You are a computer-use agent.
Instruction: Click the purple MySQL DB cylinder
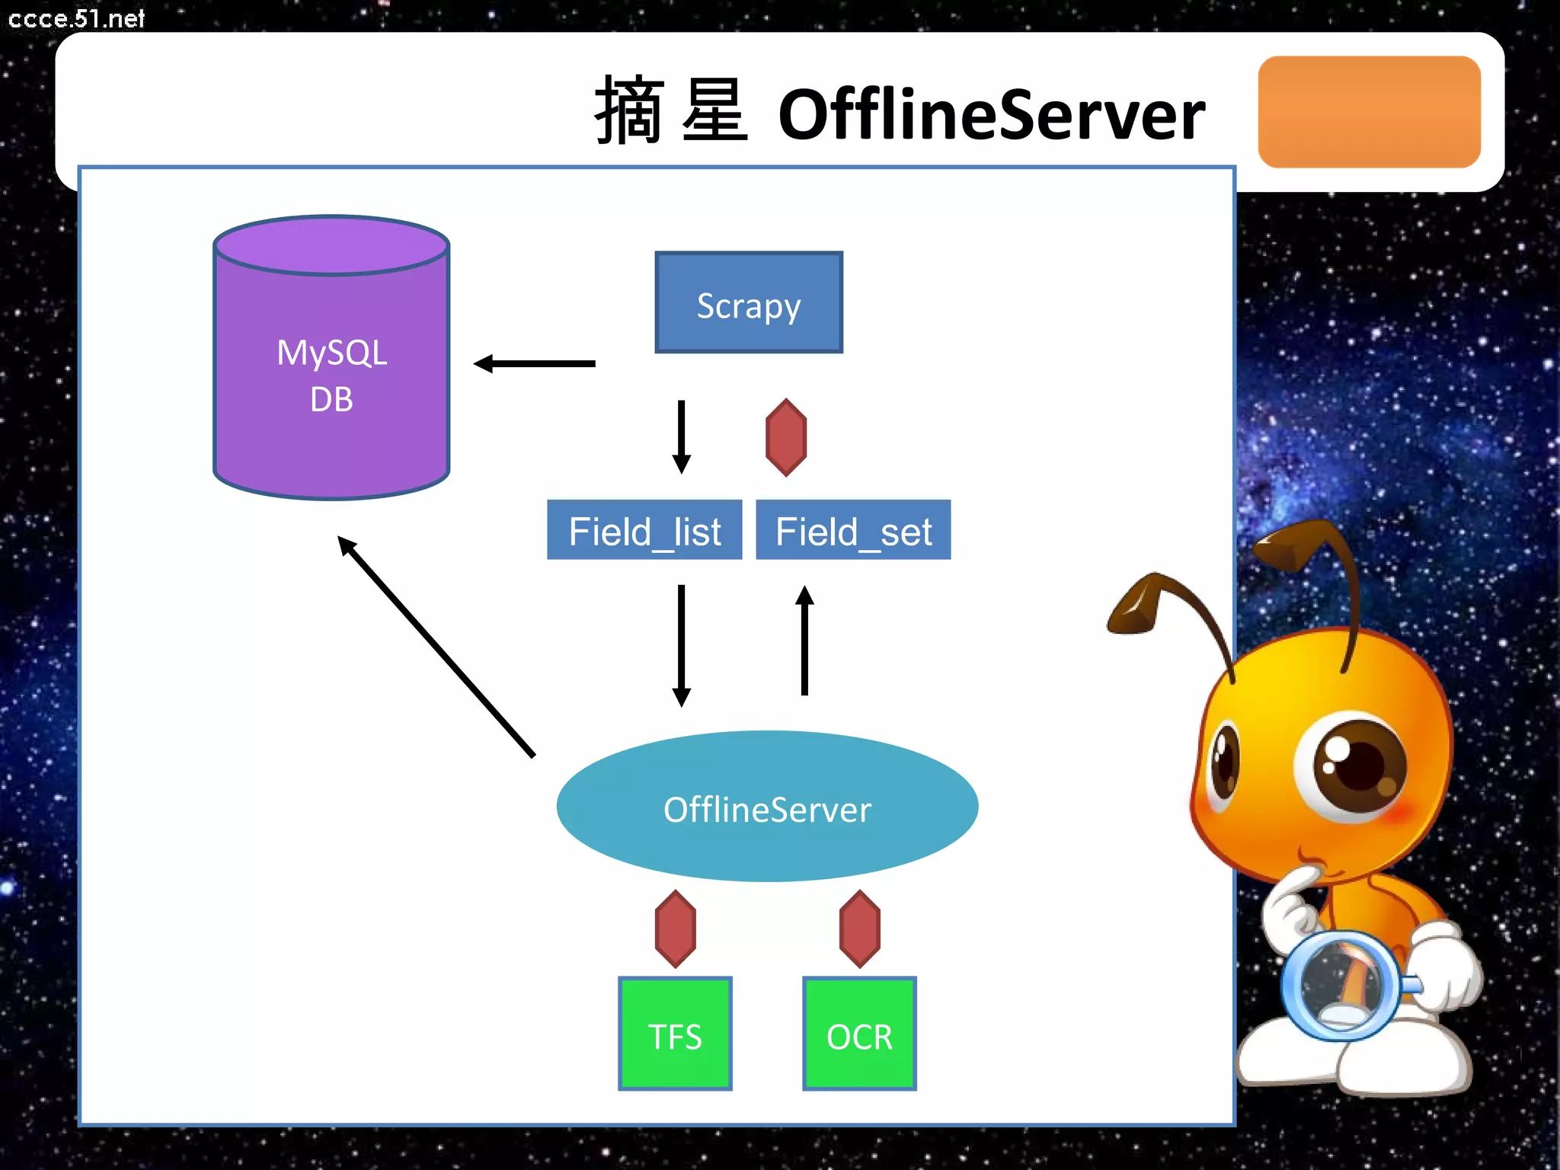pyautogui.click(x=331, y=373)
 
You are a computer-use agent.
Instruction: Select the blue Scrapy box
pyautogui.click(x=749, y=303)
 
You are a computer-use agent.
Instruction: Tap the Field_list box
pyautogui.click(x=644, y=530)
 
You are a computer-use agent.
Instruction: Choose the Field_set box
pyautogui.click(x=853, y=530)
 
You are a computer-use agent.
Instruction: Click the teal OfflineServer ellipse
pyautogui.click(x=767, y=807)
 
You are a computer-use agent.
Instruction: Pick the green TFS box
pyautogui.click(x=675, y=1034)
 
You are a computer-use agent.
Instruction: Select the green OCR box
pyautogui.click(x=859, y=1034)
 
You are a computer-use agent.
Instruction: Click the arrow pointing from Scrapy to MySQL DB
pyautogui.click(x=535, y=364)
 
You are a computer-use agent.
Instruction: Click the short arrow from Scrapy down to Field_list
pyautogui.click(x=682, y=436)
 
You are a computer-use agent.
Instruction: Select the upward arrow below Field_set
pyautogui.click(x=804, y=641)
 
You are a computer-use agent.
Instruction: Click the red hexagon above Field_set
pyautogui.click(x=786, y=438)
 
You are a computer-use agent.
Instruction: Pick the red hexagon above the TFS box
pyautogui.click(x=676, y=929)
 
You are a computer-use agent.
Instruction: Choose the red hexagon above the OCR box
pyautogui.click(x=860, y=929)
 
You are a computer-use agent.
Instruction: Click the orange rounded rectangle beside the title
pyautogui.click(x=1369, y=112)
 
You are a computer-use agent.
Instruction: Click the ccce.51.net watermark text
pyautogui.click(x=76, y=18)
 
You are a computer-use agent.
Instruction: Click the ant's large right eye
pyautogui.click(x=1352, y=766)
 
